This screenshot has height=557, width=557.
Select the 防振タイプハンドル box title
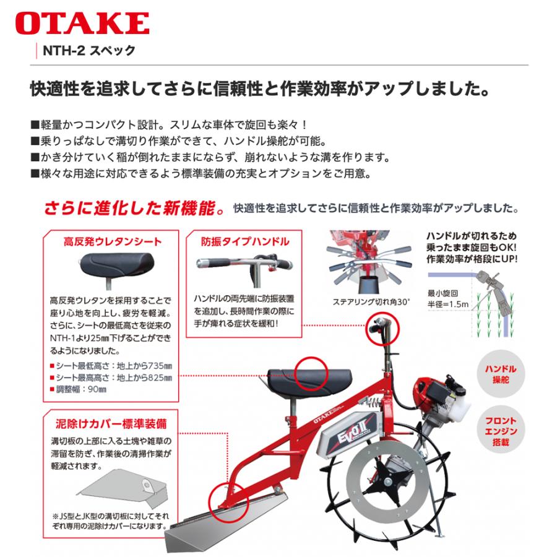244,241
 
